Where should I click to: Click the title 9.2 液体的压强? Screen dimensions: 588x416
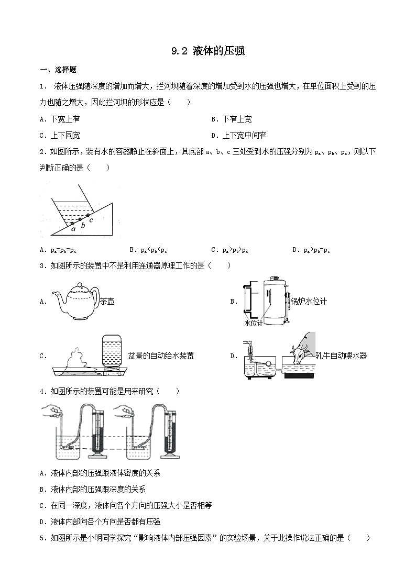click(208, 51)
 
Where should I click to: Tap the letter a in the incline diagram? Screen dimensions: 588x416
click(73, 228)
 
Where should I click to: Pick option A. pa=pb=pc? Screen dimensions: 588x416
click(59, 250)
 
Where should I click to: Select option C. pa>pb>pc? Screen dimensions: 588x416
click(229, 250)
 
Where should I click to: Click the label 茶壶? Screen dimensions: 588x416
click(107, 301)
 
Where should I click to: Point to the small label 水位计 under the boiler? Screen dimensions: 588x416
click(254, 323)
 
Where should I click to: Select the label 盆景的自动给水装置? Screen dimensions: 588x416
click(161, 356)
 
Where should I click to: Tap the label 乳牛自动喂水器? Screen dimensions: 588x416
click(341, 356)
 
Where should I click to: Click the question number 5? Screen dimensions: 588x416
click(42, 538)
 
